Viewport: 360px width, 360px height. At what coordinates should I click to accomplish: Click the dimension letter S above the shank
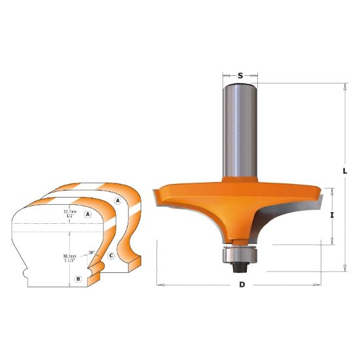(240, 76)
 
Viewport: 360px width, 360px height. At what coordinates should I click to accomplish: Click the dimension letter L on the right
(346, 171)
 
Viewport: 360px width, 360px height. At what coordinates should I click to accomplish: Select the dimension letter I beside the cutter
(333, 215)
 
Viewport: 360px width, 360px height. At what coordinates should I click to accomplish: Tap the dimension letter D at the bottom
(242, 286)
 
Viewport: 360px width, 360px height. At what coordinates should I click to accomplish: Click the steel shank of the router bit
(240, 131)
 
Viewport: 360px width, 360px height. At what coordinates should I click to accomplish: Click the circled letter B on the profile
(78, 279)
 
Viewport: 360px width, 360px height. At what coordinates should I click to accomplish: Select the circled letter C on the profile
(112, 255)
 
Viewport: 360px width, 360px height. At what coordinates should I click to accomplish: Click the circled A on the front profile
(87, 213)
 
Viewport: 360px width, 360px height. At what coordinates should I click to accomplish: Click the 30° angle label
(92, 251)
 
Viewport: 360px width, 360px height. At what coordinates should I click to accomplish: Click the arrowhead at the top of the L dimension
(346, 86)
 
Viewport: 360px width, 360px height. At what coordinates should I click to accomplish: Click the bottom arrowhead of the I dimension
(333, 242)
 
